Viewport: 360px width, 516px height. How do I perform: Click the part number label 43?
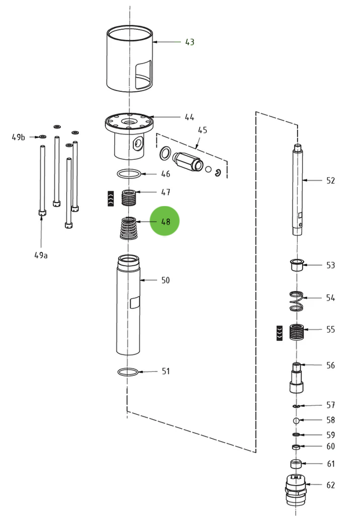tap(190, 42)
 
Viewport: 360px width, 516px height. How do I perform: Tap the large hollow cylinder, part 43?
tap(130, 59)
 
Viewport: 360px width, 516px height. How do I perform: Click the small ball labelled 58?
tap(296, 420)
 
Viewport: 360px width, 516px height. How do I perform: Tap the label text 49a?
tap(41, 255)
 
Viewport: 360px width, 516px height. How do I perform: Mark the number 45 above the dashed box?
tap(202, 130)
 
